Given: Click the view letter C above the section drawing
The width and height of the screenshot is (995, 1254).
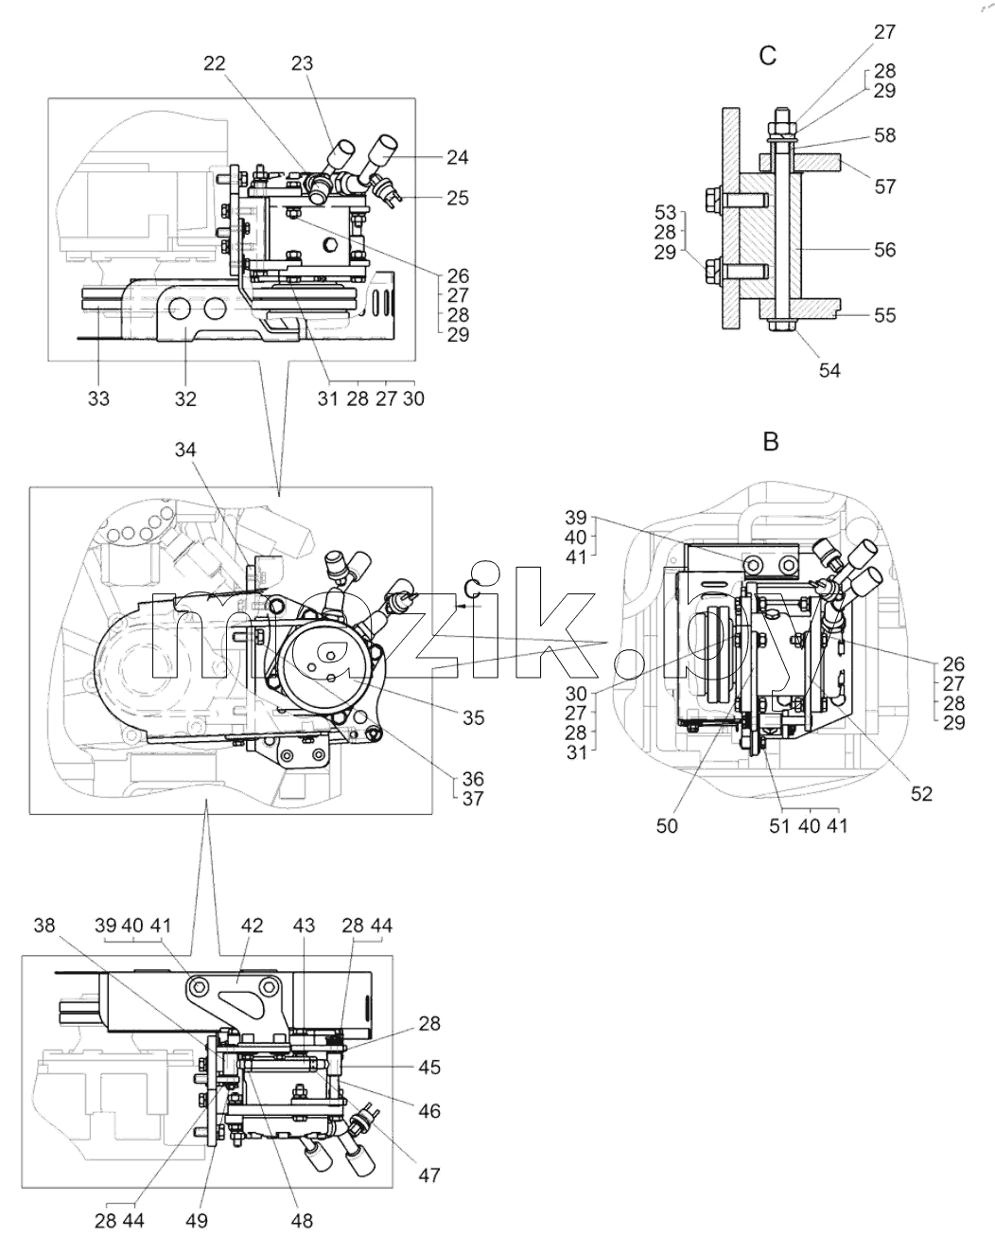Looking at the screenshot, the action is coord(768,56).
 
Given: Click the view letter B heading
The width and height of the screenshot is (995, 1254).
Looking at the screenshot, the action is coord(770,442).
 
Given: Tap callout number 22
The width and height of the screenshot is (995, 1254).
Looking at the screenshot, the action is coord(215,62).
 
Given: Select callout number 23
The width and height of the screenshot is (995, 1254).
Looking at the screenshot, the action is coord(302,62).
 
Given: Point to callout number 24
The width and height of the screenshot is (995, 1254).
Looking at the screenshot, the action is coord(458,157).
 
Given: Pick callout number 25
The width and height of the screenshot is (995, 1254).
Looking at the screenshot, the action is coord(458,198).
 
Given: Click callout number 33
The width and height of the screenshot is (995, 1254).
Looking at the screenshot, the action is coord(98,398).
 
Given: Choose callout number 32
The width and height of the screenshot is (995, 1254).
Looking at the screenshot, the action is coord(185,398).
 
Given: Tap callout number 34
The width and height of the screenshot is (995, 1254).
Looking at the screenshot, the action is coord(185,450).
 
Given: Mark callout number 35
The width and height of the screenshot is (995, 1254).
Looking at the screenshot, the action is coord(473,717).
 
